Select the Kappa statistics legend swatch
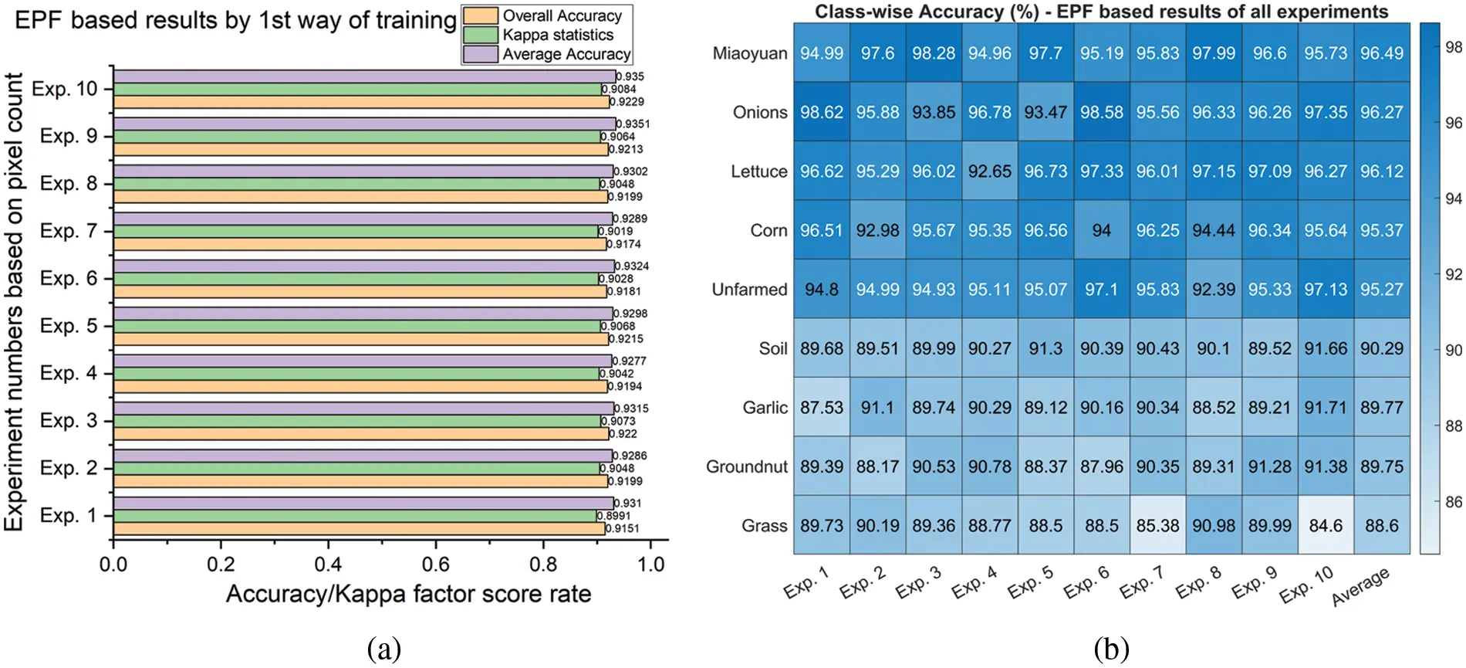[x=480, y=35]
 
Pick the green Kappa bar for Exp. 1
[x=355, y=516]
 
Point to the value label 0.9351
[x=633, y=124]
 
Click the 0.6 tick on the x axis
[x=435, y=565]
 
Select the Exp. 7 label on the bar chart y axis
[x=69, y=231]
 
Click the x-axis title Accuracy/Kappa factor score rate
[x=408, y=594]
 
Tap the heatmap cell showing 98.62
[x=821, y=112]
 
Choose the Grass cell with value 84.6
[x=1325, y=525]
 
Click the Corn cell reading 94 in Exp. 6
[x=1101, y=230]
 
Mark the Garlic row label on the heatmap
[x=765, y=407]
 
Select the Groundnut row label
[x=746, y=466]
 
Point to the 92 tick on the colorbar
[x=1453, y=274]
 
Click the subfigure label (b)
[x=1111, y=649]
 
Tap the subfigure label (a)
[x=383, y=649]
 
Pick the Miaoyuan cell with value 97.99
[x=1213, y=53]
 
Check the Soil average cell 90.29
[x=1381, y=348]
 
